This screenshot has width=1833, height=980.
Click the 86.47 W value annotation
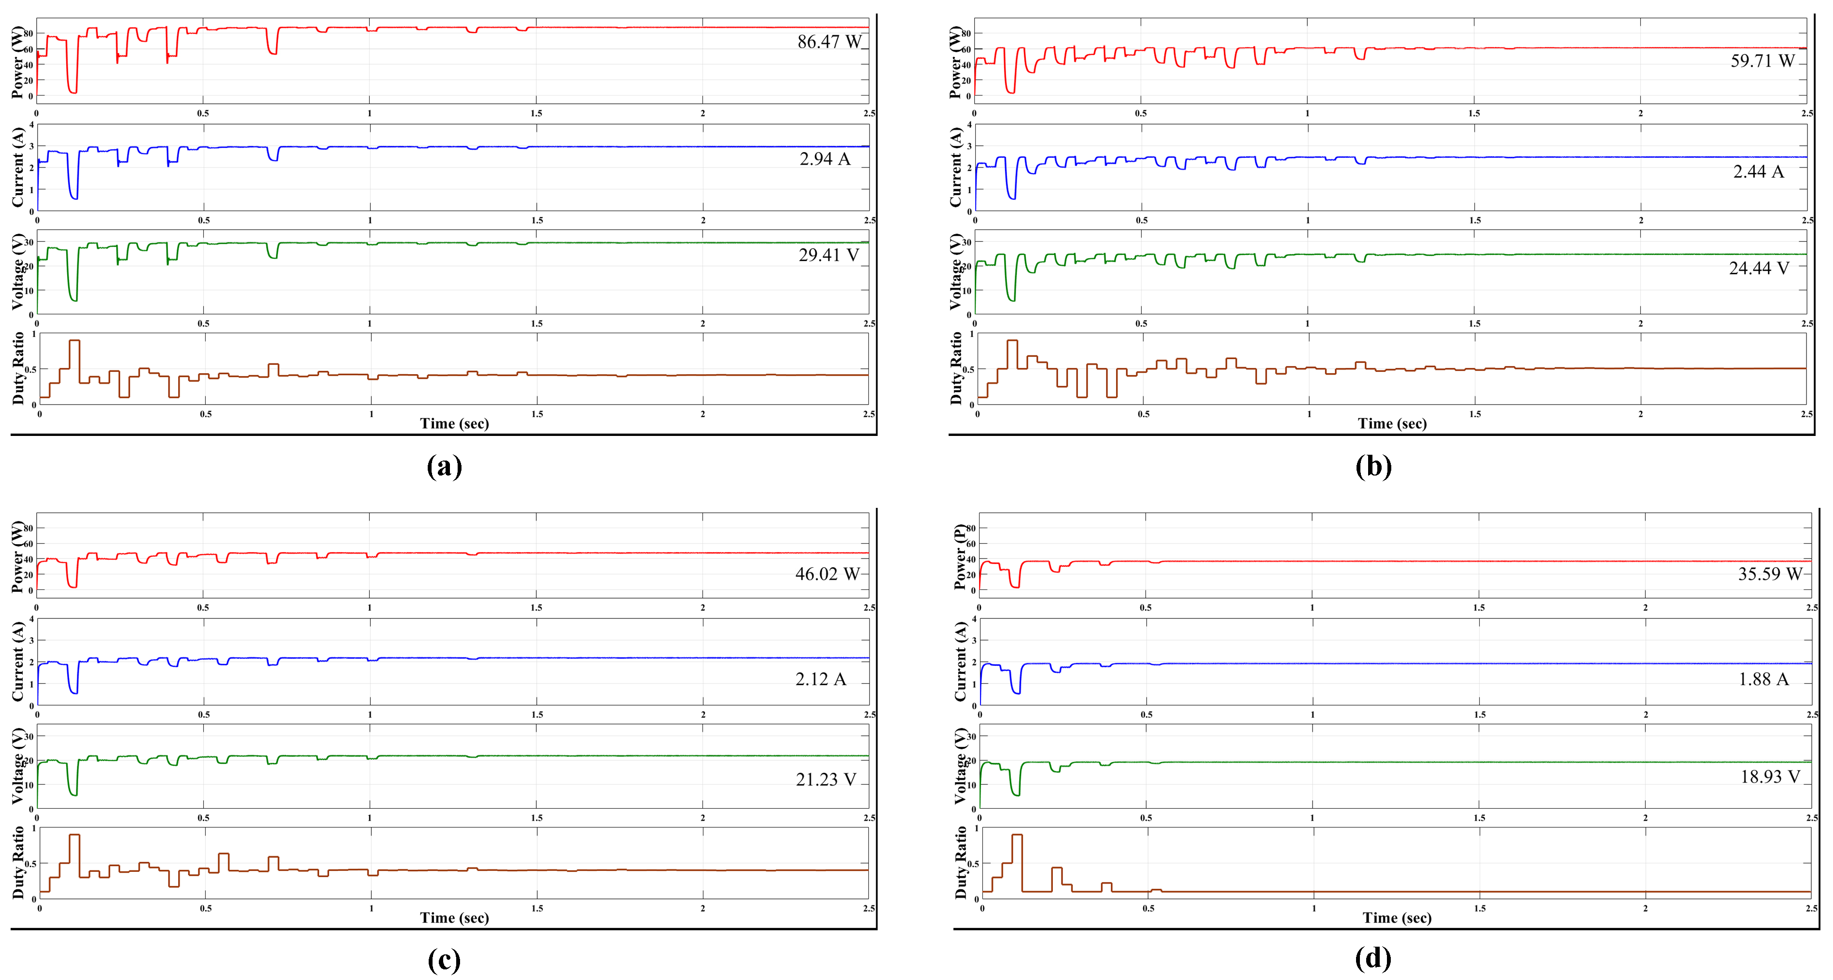click(x=828, y=42)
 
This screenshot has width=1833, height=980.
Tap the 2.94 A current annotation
click(x=824, y=159)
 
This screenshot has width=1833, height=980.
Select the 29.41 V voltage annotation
click(x=827, y=255)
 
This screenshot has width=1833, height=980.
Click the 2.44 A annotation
click(x=1758, y=171)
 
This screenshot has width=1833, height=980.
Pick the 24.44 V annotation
click(x=1758, y=268)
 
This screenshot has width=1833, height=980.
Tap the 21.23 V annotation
click(x=826, y=779)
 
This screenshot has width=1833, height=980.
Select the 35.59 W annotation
click(x=1769, y=574)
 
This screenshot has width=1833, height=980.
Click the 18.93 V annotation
click(x=1770, y=776)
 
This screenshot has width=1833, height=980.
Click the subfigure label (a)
click(x=444, y=466)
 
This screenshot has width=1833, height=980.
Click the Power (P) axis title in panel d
click(x=960, y=557)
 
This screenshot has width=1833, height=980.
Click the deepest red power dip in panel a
click(x=72, y=91)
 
